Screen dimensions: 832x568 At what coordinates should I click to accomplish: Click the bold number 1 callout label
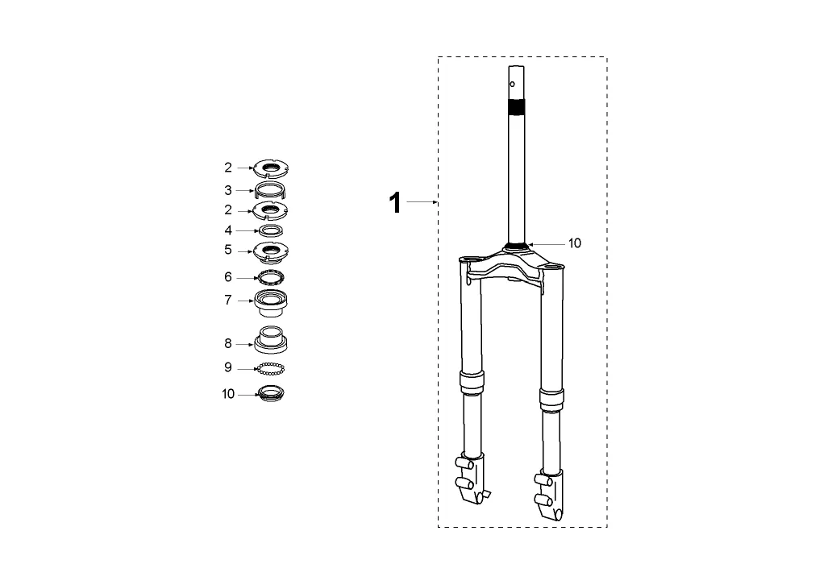pos(395,203)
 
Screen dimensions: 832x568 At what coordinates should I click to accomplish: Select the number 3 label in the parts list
pos(228,190)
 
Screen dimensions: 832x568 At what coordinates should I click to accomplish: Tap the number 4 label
pos(228,230)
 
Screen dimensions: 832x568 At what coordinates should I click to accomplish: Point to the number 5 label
pos(228,250)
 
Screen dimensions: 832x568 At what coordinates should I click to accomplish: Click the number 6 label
pos(228,277)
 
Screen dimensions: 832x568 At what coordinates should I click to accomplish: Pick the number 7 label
pos(228,301)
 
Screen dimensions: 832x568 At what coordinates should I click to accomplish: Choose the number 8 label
pos(228,344)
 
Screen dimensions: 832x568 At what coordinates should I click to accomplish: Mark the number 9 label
pos(228,367)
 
